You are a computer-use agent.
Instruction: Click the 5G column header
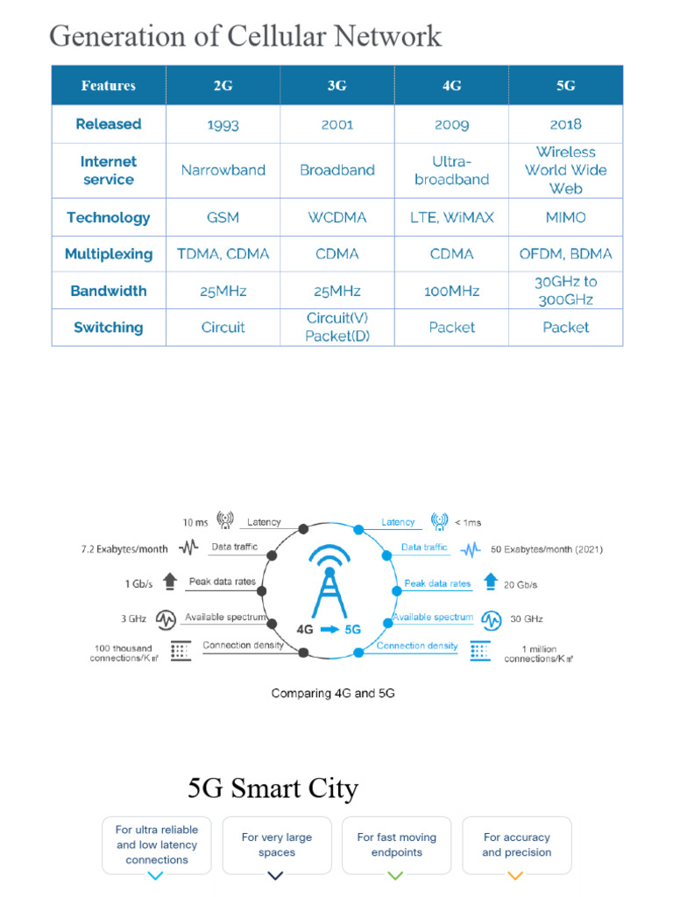pyautogui.click(x=565, y=86)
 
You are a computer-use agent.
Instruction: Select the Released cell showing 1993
pyautogui.click(x=223, y=124)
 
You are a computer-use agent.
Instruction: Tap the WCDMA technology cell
pyautogui.click(x=337, y=217)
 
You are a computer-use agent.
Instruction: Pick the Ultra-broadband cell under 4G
pyautogui.click(x=451, y=170)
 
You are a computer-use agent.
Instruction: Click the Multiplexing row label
pyautogui.click(x=109, y=254)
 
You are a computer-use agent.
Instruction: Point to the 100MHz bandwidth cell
pyautogui.click(x=451, y=291)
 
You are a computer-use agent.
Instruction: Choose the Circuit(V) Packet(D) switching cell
pyautogui.click(x=337, y=327)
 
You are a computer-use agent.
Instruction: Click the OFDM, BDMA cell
pyautogui.click(x=565, y=254)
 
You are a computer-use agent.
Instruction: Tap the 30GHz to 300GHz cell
pyautogui.click(x=565, y=291)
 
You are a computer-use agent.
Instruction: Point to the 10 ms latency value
pyautogui.click(x=195, y=522)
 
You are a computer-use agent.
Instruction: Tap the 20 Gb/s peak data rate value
pyautogui.click(x=521, y=584)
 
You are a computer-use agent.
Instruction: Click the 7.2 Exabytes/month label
pyautogui.click(x=124, y=549)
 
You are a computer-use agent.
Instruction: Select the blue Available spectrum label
pyautogui.click(x=433, y=617)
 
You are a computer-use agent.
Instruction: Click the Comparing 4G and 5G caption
pyautogui.click(x=333, y=693)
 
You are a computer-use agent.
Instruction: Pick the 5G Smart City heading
pyautogui.click(x=273, y=788)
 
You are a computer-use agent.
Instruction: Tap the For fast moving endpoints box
pyautogui.click(x=396, y=844)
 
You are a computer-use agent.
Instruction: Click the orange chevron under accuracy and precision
pyautogui.click(x=515, y=875)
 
